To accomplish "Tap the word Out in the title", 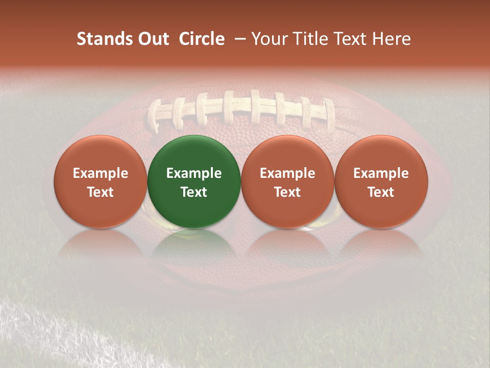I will (152, 39).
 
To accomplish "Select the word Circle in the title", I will (202, 39).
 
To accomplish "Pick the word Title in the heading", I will (308, 39).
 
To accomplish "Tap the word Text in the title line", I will (348, 39).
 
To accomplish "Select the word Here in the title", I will (392, 39).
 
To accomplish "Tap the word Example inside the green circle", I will (194, 173).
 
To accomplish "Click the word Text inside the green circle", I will (194, 192).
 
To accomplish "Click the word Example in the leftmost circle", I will (101, 173).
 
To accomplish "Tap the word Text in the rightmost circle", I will (381, 192).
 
